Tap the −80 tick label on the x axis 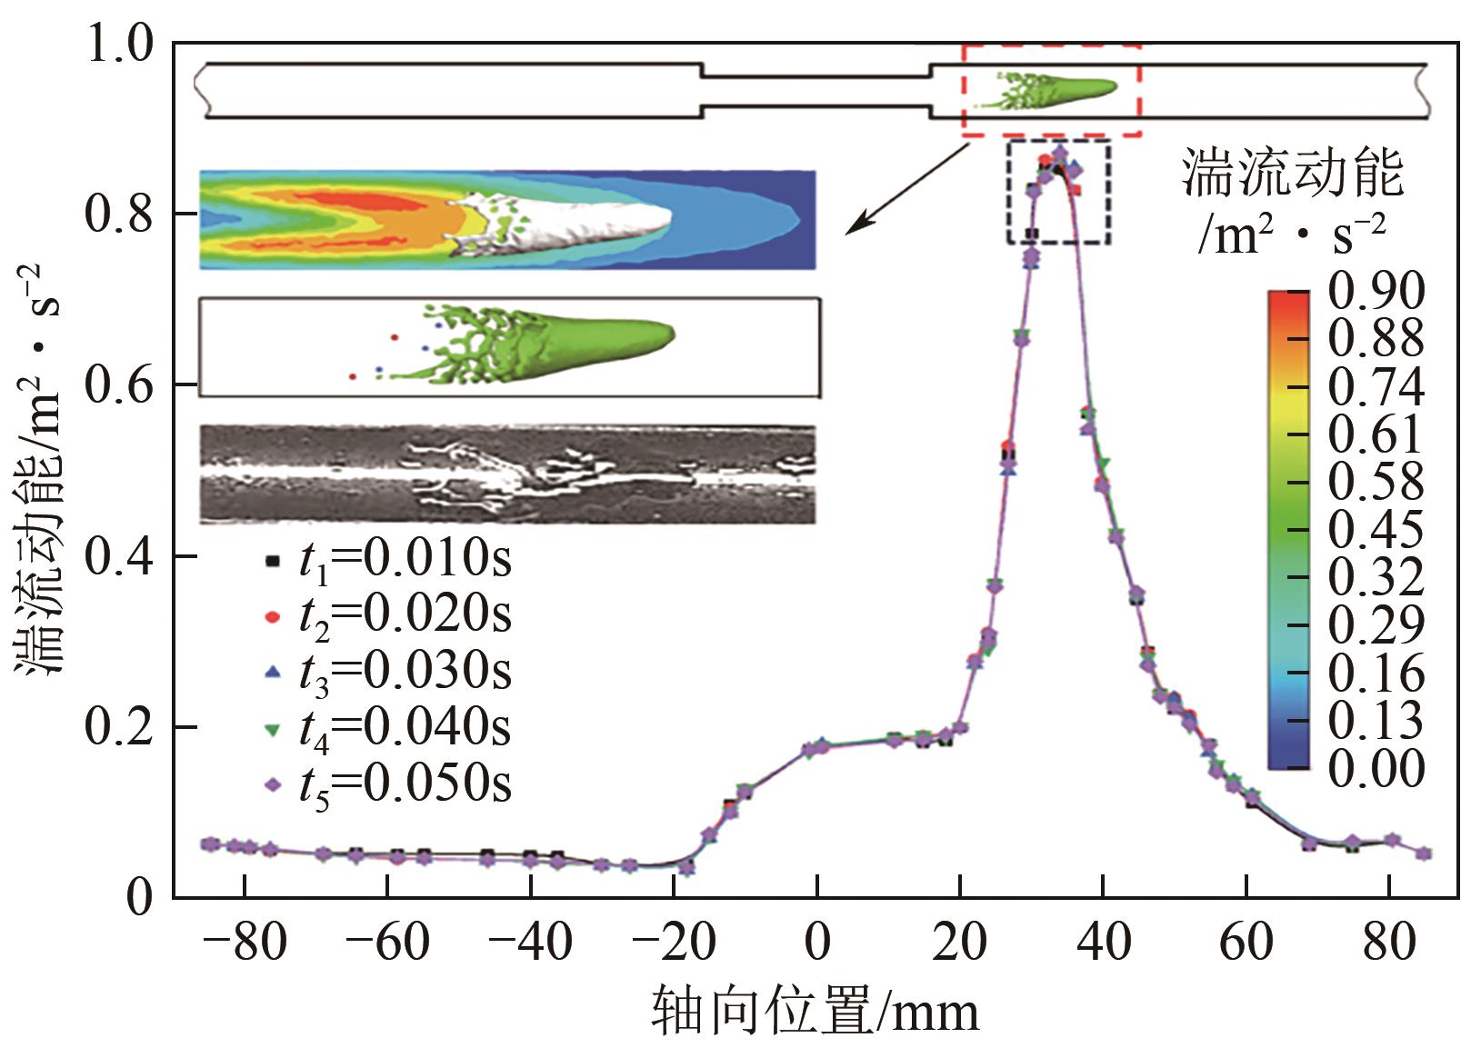(244, 942)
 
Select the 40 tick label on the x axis (1103, 942)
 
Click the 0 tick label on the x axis (817, 942)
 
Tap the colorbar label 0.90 (1376, 291)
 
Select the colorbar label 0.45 (1376, 529)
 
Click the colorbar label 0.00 (1376, 768)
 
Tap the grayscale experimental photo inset (507, 474)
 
